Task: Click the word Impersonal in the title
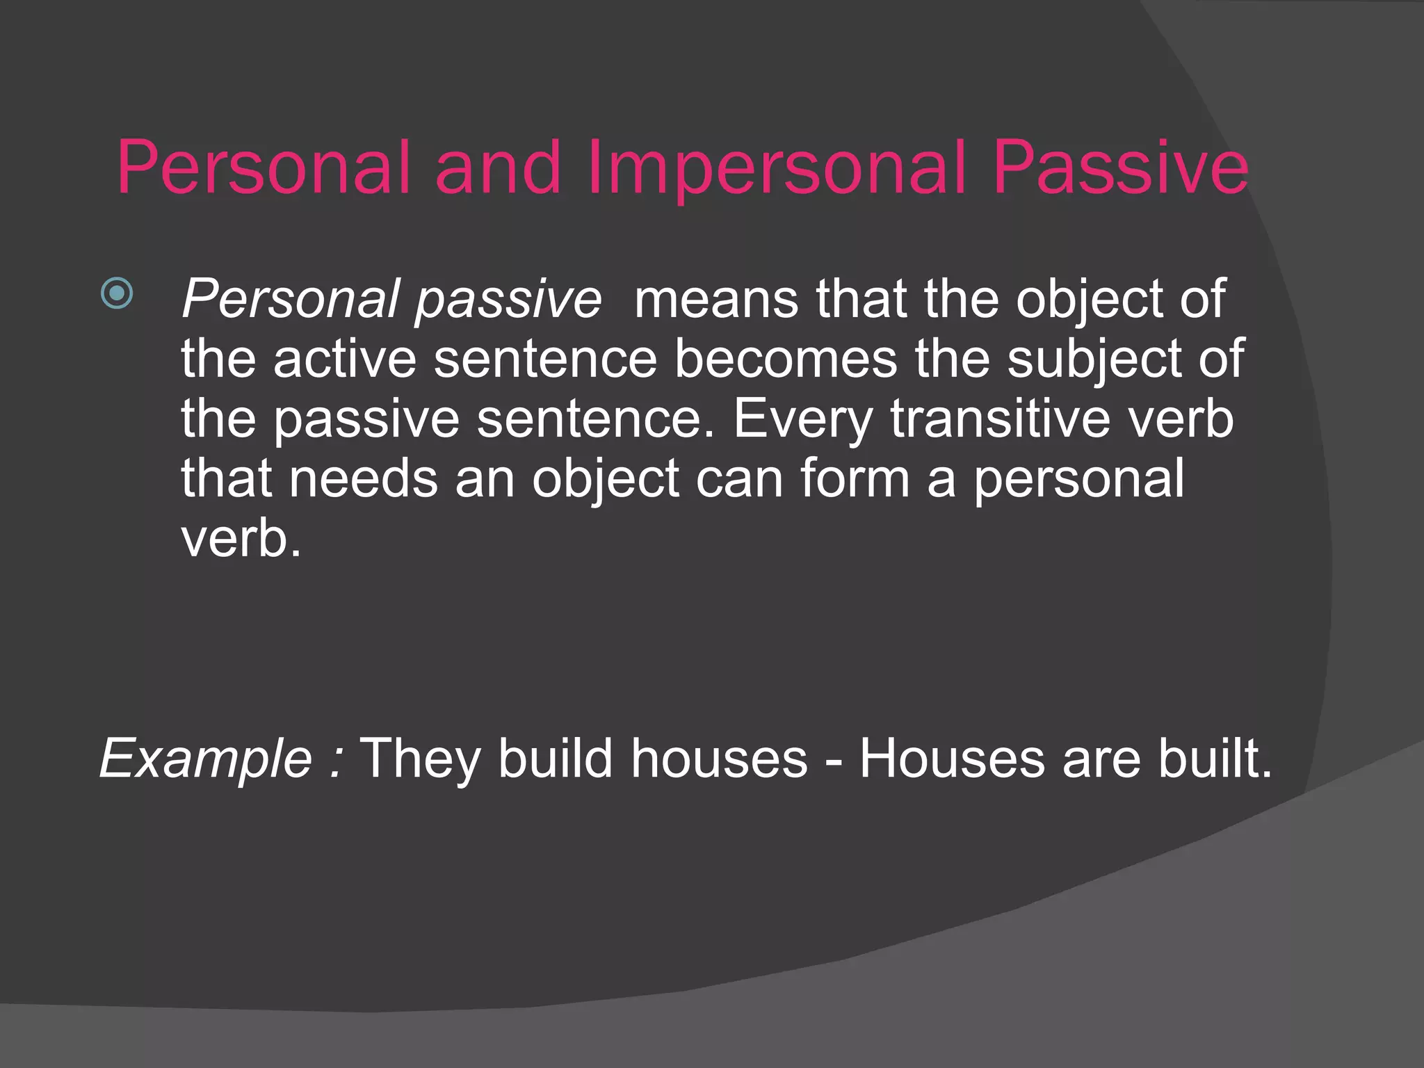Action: tap(776, 168)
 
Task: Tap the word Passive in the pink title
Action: tap(1120, 168)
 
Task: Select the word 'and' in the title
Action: tap(498, 168)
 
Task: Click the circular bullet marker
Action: tap(117, 293)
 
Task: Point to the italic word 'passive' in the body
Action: tap(508, 300)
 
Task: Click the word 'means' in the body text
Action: tap(716, 300)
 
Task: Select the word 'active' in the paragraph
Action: tap(344, 359)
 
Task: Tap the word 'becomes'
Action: tap(786, 359)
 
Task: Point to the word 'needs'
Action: tap(363, 479)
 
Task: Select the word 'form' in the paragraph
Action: tap(855, 479)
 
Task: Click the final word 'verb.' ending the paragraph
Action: tap(241, 539)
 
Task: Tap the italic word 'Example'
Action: tap(206, 759)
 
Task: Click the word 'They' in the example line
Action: tap(421, 759)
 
